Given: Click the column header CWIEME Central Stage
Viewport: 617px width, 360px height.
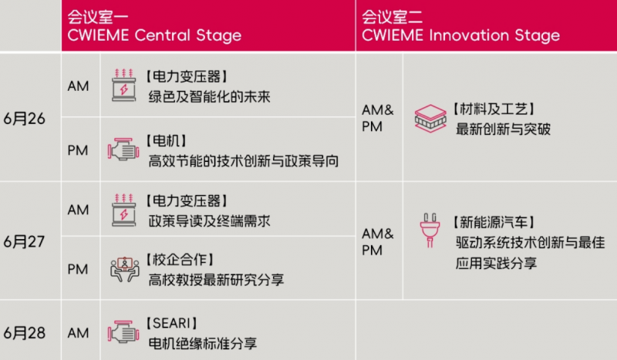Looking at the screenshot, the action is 154,35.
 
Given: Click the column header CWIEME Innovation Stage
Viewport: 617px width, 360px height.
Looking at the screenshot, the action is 460,35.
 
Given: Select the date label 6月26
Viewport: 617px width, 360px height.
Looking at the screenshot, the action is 25,119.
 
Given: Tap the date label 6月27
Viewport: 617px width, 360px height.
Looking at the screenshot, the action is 25,241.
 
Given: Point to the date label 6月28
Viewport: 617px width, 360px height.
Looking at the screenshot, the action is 25,333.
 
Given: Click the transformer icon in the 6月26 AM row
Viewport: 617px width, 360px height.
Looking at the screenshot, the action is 124,85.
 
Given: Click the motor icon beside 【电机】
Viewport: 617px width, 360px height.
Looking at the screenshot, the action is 123,150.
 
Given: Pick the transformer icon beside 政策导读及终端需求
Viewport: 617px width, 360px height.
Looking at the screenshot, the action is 124,210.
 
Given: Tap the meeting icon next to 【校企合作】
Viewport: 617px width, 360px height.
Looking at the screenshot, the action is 125,269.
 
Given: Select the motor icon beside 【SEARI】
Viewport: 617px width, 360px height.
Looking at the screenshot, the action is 123,332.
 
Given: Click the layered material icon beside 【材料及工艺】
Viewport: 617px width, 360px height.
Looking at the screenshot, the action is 430,119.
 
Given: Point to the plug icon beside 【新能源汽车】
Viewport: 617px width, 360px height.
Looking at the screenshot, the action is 430,230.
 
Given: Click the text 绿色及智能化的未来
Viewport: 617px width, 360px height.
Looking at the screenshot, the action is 209,97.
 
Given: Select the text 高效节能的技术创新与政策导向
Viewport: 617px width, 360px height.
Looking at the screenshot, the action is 244,161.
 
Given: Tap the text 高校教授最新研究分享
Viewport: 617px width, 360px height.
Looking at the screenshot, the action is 216,280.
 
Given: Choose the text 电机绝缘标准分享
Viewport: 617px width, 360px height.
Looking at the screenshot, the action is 203,344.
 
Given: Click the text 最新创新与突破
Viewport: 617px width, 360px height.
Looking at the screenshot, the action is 504,129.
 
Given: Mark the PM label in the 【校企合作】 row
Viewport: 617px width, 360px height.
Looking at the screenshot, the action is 78,270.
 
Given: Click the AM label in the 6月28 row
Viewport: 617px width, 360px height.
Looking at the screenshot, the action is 78,333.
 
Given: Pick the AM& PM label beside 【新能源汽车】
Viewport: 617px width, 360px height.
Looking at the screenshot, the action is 377,242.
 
